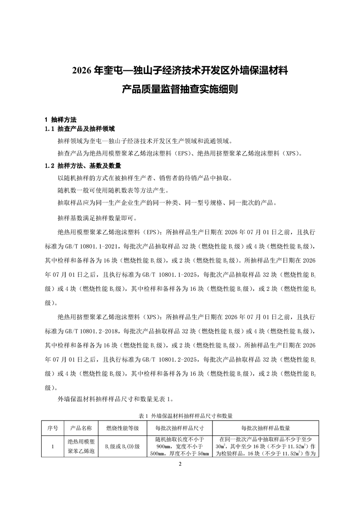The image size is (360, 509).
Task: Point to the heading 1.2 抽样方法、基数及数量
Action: coord(83,166)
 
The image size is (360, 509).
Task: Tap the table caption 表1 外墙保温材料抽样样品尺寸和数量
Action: coord(180,415)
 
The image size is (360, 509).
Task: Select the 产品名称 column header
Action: coord(82,428)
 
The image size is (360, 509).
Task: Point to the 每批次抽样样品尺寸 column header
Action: coord(179,428)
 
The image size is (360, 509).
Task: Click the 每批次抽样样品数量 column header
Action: coord(266,428)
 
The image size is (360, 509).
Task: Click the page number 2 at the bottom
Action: coord(180,464)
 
